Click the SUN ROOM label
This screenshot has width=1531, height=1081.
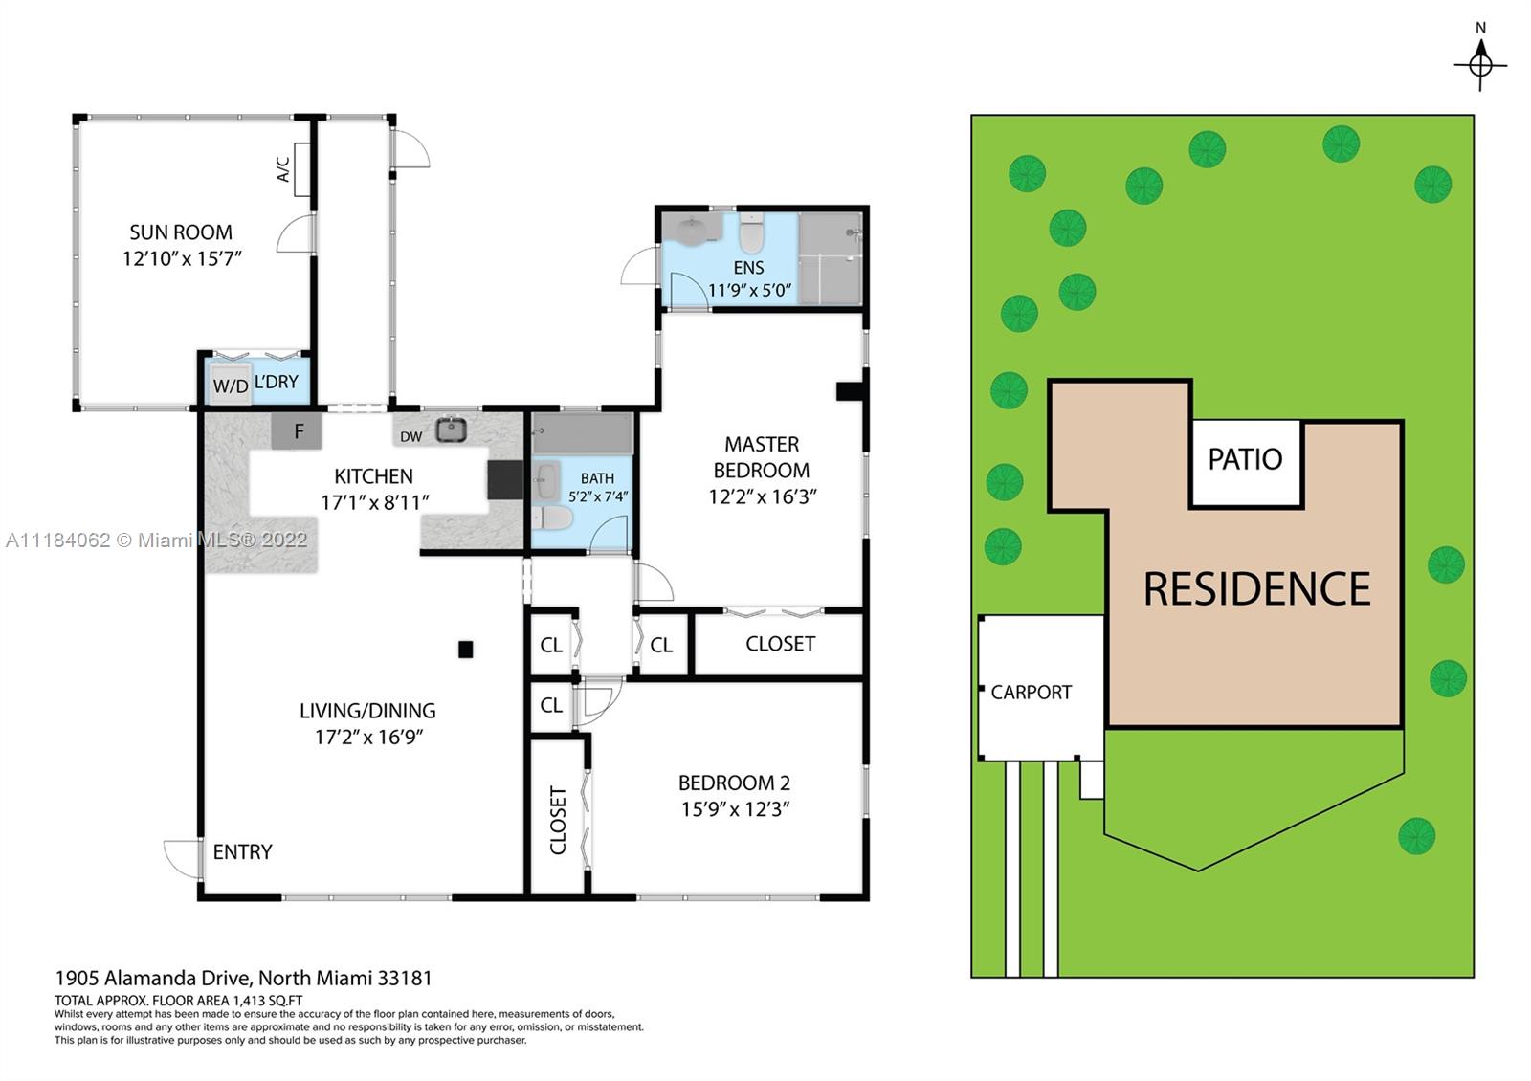coord(181,232)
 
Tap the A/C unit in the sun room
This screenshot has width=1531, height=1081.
coord(302,169)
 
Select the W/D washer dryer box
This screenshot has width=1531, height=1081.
coord(231,386)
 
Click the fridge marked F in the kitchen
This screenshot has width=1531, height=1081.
coord(297,431)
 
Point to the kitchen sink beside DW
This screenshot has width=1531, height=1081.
coord(451,430)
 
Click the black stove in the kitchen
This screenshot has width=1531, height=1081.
coord(506,479)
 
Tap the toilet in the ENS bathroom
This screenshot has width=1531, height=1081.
coord(751,233)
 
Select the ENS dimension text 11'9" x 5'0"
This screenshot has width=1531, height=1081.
coord(749,291)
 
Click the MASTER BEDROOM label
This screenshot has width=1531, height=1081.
coord(762,457)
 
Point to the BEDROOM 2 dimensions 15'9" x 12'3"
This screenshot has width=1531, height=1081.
coord(735,809)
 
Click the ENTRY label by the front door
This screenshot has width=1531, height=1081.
coord(243,852)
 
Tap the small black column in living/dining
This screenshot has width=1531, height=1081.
coord(465,650)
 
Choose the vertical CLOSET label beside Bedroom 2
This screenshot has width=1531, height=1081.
coord(559,820)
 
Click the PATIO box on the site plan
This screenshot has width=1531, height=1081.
coord(1246,464)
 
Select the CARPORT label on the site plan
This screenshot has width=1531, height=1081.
coord(1031,693)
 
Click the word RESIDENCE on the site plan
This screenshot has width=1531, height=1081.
coord(1257,589)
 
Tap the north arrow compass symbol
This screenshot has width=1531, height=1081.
coord(1480,65)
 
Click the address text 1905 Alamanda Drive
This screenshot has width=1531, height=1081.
coord(154,979)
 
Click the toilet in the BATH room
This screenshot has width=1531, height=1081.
coord(552,518)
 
